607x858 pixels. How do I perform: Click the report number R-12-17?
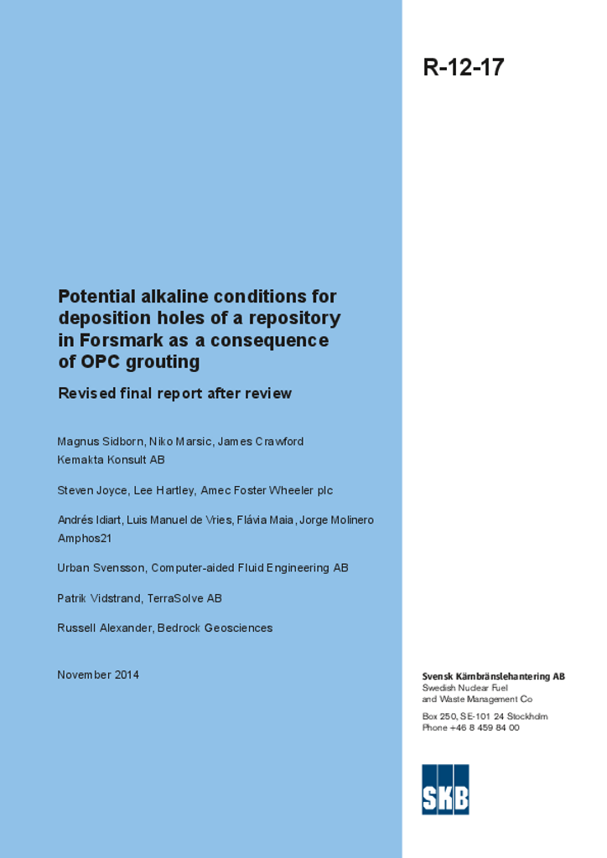pyautogui.click(x=464, y=67)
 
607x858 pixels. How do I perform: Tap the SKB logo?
pyautogui.click(x=445, y=788)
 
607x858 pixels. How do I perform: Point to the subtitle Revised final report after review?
pyautogui.click(x=174, y=394)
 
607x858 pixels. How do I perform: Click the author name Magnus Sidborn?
pyautogui.click(x=100, y=442)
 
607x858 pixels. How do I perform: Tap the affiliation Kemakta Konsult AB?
pyautogui.click(x=111, y=460)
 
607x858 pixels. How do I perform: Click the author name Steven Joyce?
pyautogui.click(x=91, y=490)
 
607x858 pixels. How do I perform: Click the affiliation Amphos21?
pyautogui.click(x=84, y=539)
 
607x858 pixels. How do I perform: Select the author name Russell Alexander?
pyautogui.click(x=104, y=628)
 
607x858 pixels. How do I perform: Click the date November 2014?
pyautogui.click(x=98, y=675)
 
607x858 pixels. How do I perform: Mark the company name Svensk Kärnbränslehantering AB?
pyautogui.click(x=493, y=676)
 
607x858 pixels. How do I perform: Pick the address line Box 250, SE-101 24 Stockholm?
pyautogui.click(x=485, y=716)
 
